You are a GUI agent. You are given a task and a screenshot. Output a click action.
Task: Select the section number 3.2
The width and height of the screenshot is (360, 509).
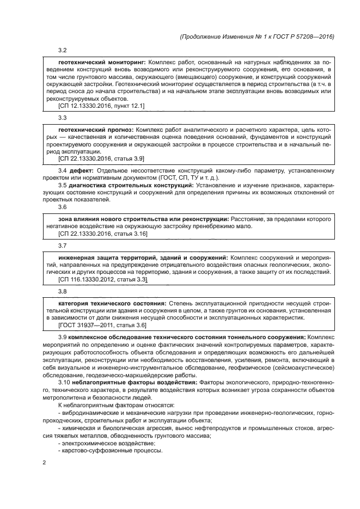(62, 51)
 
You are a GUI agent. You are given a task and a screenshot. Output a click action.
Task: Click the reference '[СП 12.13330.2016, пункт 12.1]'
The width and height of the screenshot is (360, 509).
(101, 106)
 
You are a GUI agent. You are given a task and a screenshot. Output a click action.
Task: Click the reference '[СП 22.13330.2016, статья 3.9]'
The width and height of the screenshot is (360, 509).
(101, 158)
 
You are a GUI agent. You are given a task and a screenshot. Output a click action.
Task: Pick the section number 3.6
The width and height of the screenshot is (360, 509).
(62, 206)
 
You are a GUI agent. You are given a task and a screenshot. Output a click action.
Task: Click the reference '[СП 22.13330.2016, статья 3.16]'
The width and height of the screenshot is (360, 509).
(102, 234)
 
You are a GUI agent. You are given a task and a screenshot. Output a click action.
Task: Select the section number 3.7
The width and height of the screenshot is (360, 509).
(62, 246)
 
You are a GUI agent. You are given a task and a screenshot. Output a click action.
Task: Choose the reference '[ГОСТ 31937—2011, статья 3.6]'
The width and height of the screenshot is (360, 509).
(102, 325)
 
